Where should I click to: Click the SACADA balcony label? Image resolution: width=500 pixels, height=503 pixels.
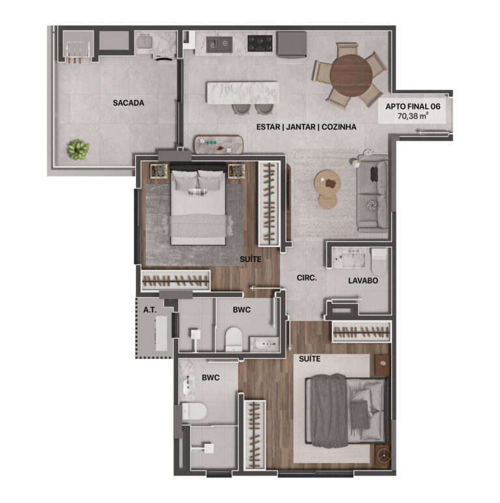tap(128, 103)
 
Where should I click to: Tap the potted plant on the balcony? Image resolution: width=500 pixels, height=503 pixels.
tap(78, 149)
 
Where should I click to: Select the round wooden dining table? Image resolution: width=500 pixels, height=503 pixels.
tap(352, 75)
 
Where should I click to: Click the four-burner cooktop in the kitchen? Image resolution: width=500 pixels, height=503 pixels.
tap(260, 43)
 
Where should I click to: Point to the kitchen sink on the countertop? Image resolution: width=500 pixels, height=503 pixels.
tap(219, 44)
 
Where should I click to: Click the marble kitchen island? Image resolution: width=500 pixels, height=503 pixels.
tap(242, 93)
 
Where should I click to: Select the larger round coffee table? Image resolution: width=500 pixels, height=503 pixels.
tap(327, 182)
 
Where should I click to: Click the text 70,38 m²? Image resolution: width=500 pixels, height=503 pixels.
tap(413, 116)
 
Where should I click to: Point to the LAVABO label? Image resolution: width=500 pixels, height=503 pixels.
tap(363, 281)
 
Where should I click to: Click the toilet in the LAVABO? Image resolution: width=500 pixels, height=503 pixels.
tap(379, 262)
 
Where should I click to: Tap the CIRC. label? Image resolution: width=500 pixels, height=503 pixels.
tap(307, 278)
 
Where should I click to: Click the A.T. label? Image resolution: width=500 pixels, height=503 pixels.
tap(150, 310)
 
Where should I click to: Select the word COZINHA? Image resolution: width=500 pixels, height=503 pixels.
tap(339, 127)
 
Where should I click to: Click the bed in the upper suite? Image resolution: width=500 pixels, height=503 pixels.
tap(198, 205)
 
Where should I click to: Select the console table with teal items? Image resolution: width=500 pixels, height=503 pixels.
tap(219, 145)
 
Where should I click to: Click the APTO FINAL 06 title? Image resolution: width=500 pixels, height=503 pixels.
tap(413, 106)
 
